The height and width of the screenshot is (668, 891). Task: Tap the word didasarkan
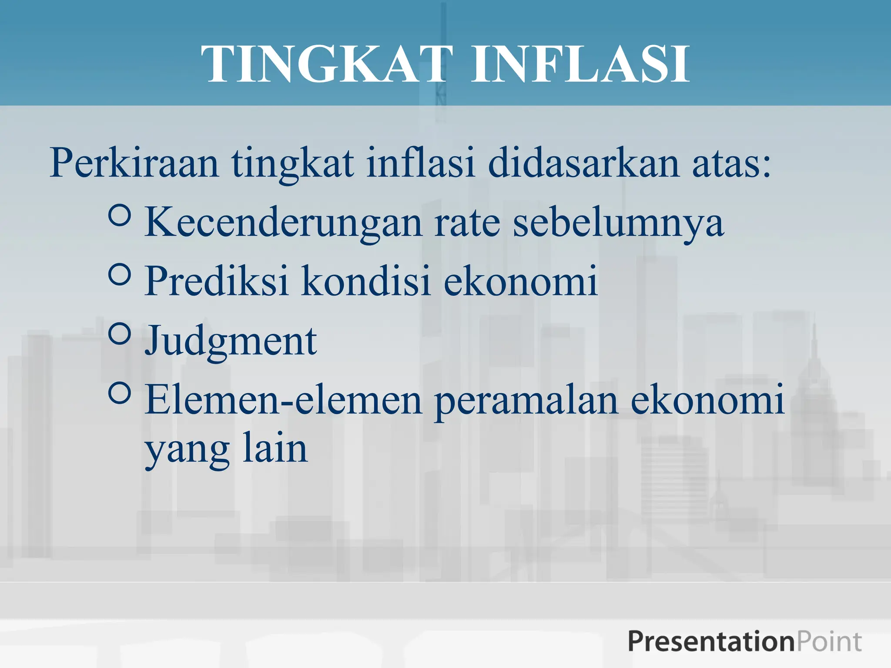[583, 163]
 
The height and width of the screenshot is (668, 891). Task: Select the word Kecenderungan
[283, 223]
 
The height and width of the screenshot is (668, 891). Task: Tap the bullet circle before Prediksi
[120, 274]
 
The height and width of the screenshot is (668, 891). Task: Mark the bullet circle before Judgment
[120, 334]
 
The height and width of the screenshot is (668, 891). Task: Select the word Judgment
[231, 341]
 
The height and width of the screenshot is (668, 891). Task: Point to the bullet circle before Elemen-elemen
[120, 393]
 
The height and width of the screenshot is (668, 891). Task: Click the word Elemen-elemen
[283, 400]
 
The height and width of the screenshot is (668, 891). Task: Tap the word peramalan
[526, 400]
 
